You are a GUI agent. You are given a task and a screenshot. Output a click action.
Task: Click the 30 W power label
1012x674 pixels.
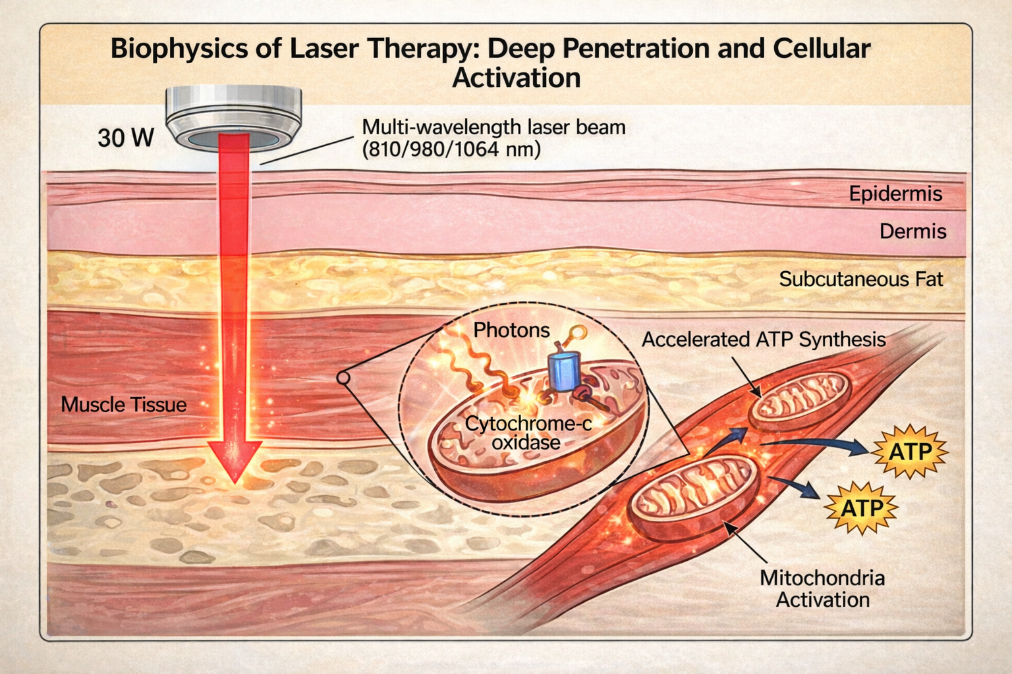[126, 138]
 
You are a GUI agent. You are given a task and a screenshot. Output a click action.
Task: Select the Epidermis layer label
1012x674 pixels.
[895, 194]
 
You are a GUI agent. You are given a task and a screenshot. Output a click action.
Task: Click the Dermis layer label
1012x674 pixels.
[913, 231]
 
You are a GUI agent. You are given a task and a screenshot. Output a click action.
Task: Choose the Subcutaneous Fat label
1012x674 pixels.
[860, 279]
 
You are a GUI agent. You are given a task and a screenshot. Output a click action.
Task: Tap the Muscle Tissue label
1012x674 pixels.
[124, 404]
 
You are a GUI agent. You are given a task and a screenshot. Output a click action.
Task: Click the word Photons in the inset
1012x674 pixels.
[511, 330]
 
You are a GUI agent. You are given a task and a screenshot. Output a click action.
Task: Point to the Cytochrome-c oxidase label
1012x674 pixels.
[527, 432]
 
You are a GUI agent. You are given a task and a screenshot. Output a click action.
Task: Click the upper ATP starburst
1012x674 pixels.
[910, 452]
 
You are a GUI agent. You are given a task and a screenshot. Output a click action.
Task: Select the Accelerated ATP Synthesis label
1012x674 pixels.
[763, 340]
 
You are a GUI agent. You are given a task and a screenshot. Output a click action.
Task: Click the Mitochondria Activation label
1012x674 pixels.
[822, 588]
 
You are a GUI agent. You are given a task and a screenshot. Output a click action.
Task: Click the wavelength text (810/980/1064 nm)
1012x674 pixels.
[451, 150]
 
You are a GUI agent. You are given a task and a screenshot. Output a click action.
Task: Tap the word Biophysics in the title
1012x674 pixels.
[173, 49]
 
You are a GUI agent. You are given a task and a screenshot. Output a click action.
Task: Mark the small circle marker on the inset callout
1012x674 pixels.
[343, 378]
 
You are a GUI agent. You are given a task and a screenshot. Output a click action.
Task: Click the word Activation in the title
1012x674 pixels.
[516, 78]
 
